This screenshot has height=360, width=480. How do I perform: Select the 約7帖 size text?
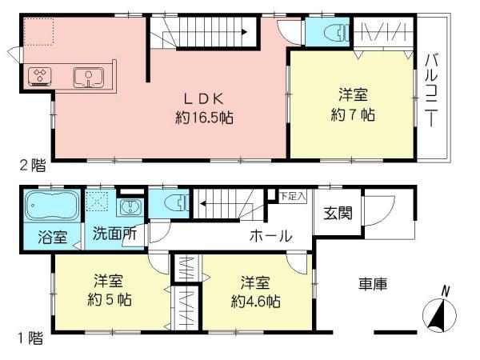point(352,114)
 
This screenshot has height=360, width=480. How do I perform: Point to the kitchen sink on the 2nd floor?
point(85,78)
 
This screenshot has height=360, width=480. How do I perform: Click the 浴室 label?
point(52,237)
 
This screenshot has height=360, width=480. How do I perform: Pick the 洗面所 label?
point(114,237)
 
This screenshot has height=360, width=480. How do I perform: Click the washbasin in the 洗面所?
point(129,209)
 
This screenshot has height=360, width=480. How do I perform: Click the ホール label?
point(270,237)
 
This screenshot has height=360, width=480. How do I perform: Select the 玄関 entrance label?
point(335,214)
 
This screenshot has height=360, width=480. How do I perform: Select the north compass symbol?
point(439,314)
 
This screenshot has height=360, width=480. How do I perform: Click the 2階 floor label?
point(32,166)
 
